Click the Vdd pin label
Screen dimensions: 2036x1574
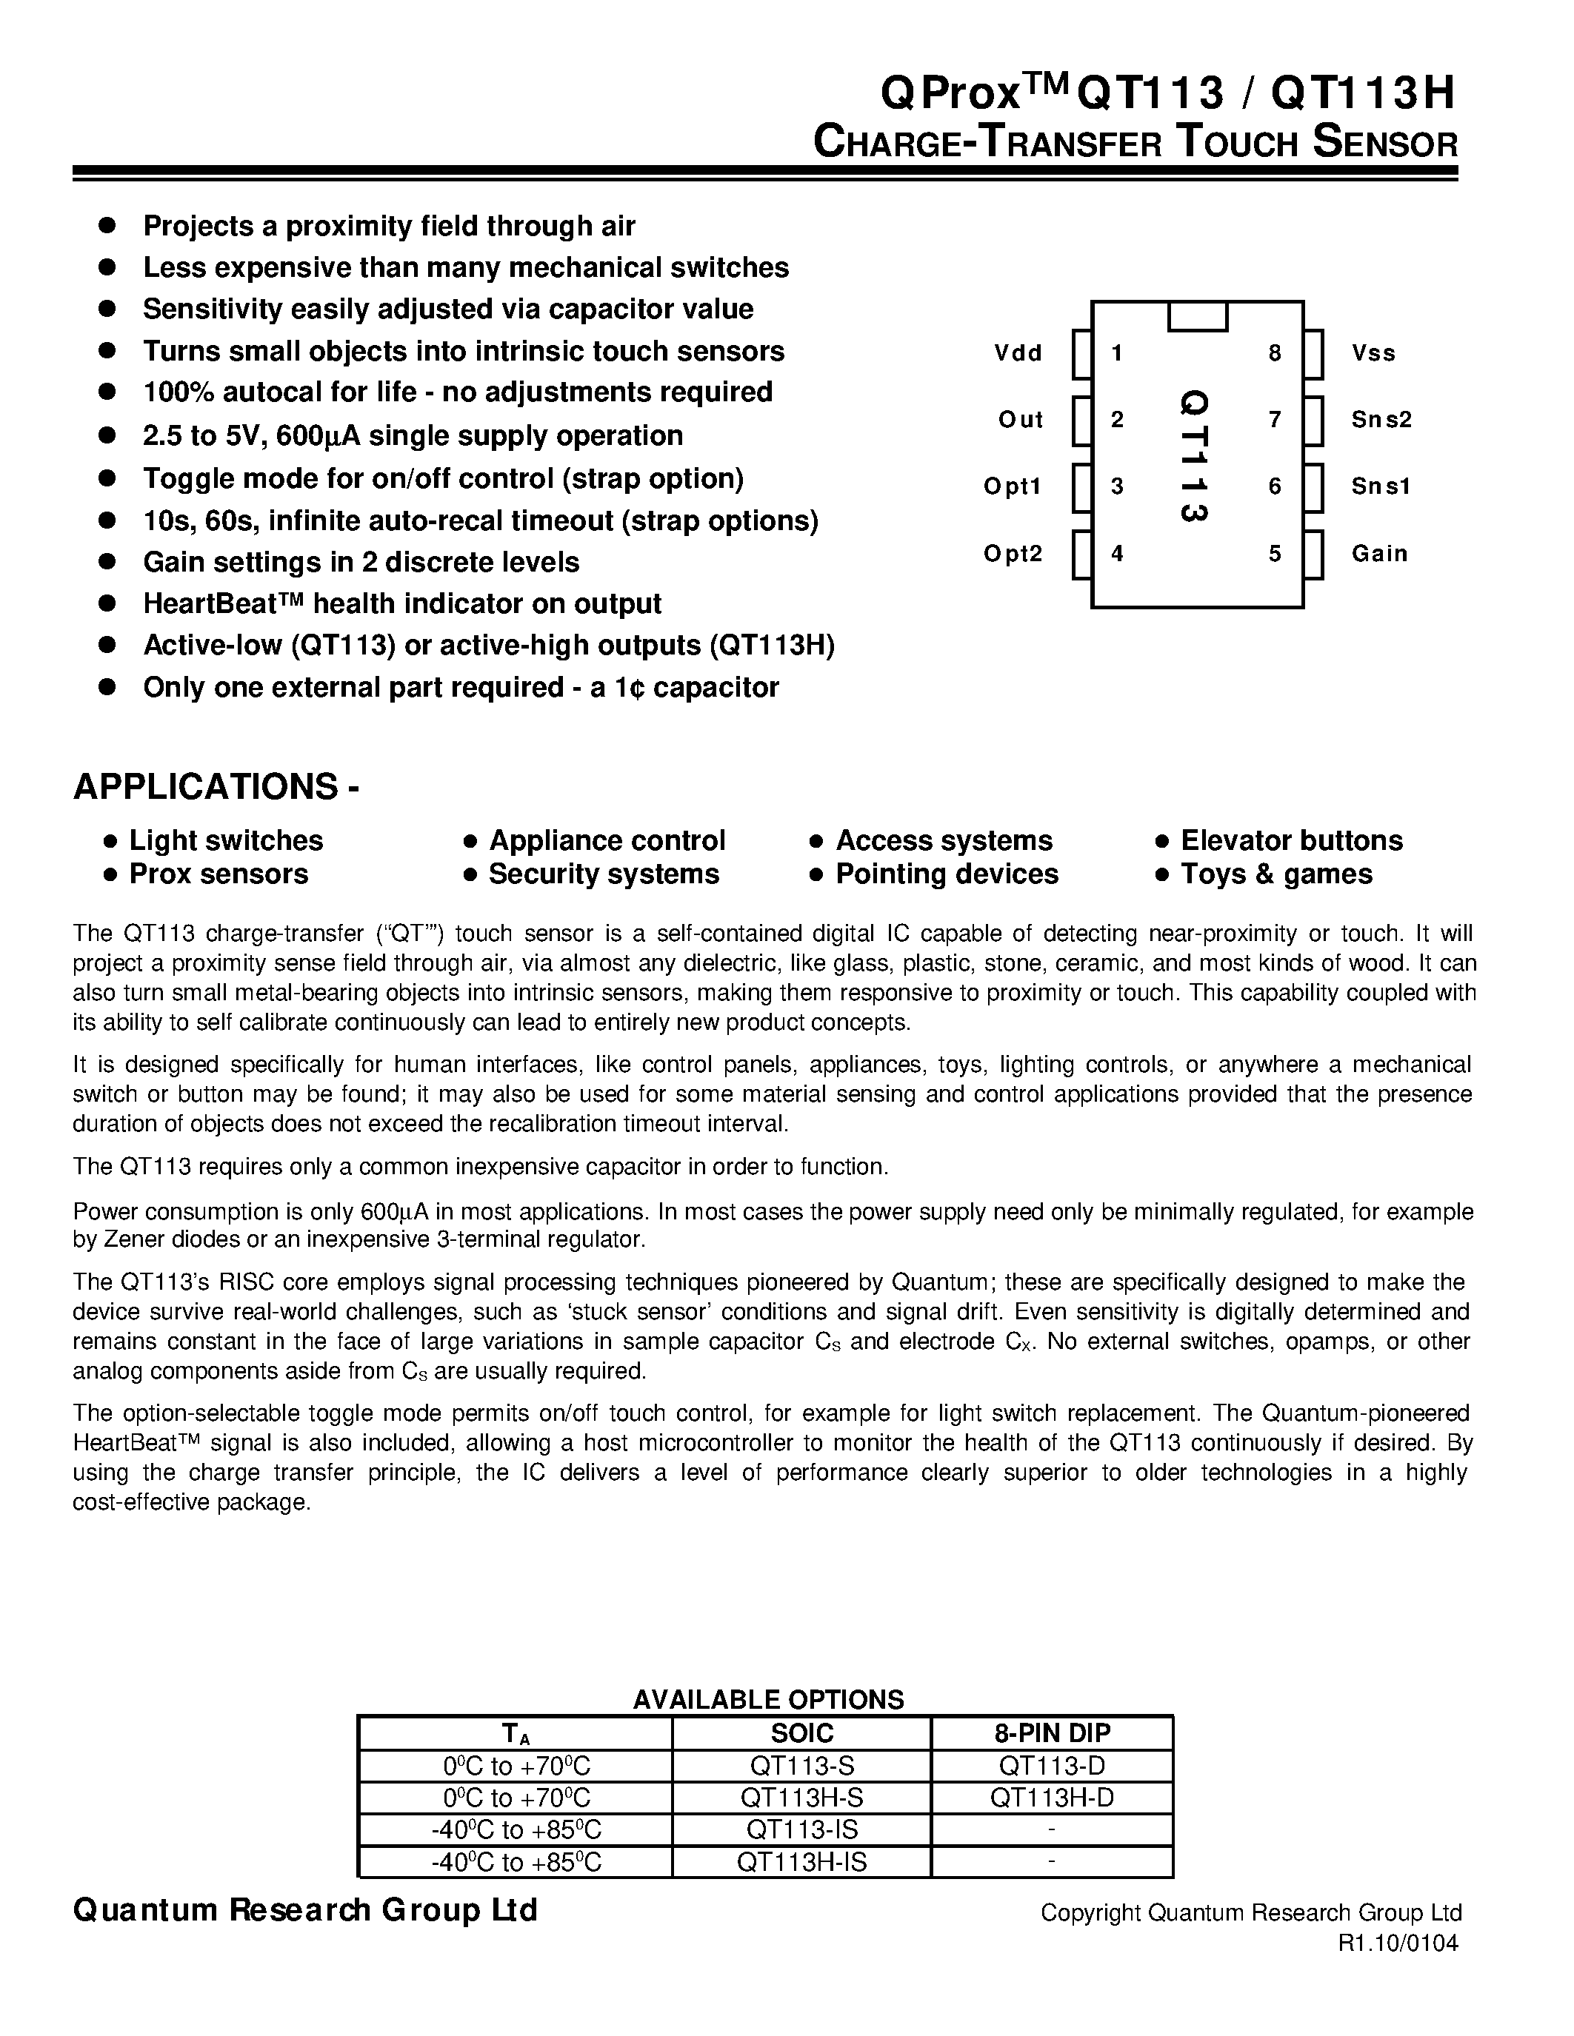(1017, 353)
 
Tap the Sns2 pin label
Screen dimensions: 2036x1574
(1381, 420)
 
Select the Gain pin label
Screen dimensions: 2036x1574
(1379, 554)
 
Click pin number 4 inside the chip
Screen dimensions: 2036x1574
(1117, 554)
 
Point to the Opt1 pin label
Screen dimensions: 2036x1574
(1012, 486)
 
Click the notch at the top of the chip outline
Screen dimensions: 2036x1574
(1197, 316)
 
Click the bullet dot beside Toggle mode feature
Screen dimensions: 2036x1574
(107, 478)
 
